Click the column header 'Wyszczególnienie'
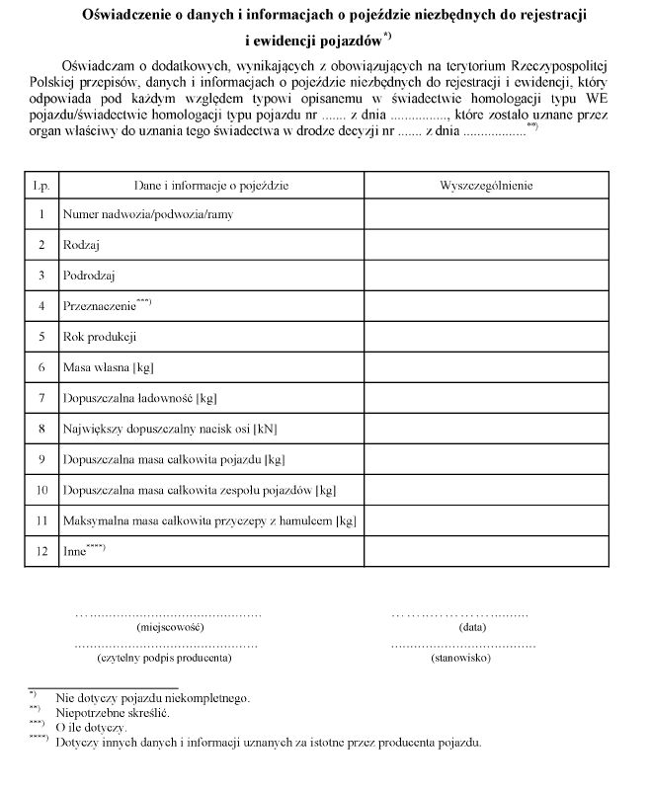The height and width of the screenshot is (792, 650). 485,185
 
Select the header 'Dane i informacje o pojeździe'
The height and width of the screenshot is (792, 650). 211,185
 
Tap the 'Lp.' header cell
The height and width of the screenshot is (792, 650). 41,185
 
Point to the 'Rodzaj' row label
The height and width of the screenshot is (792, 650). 82,245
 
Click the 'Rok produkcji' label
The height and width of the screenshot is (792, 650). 99,337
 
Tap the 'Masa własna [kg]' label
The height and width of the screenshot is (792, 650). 109,367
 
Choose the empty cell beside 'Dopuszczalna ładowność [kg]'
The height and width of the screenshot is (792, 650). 485,398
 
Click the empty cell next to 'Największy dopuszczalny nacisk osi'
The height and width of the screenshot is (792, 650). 485,429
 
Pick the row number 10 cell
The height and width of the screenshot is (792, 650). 41,490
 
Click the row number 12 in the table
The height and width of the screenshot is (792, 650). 41,551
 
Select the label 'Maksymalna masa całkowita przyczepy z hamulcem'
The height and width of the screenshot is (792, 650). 208,520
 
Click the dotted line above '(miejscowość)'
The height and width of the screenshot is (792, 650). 169,614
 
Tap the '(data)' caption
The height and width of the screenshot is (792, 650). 472,627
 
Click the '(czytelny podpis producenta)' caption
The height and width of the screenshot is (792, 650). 165,657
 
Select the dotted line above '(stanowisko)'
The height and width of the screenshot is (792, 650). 462,644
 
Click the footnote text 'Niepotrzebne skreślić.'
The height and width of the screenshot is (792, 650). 113,711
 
